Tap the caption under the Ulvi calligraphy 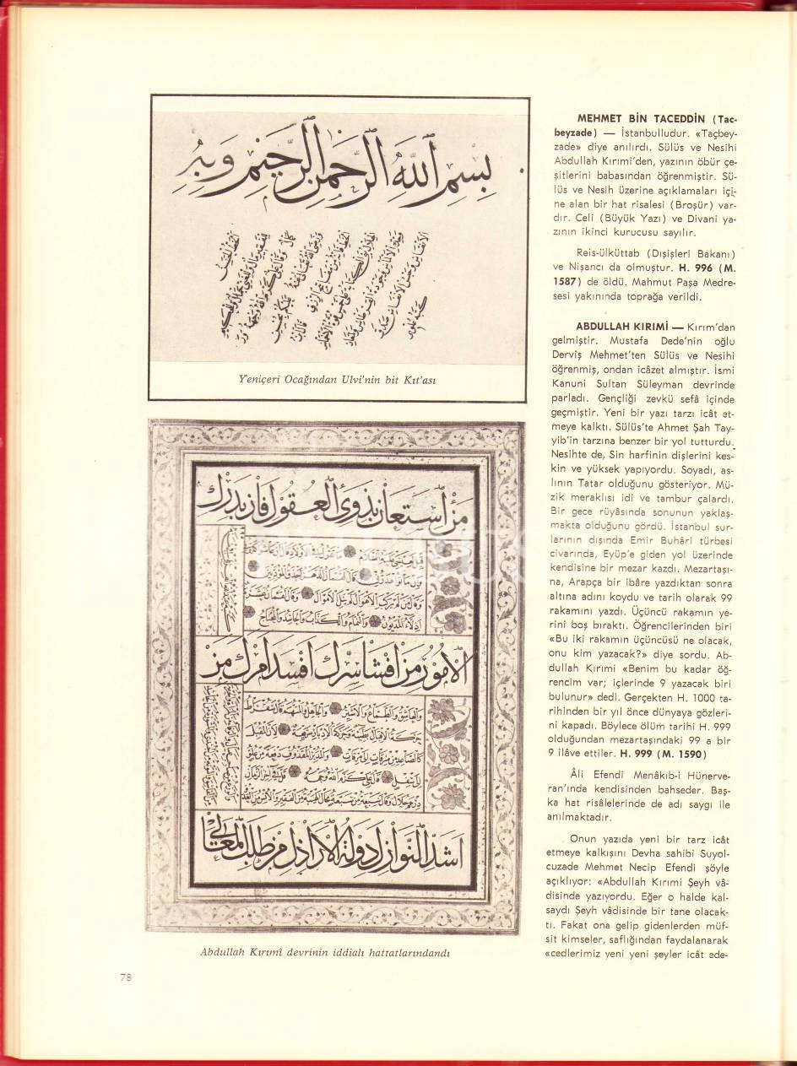(x=339, y=379)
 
